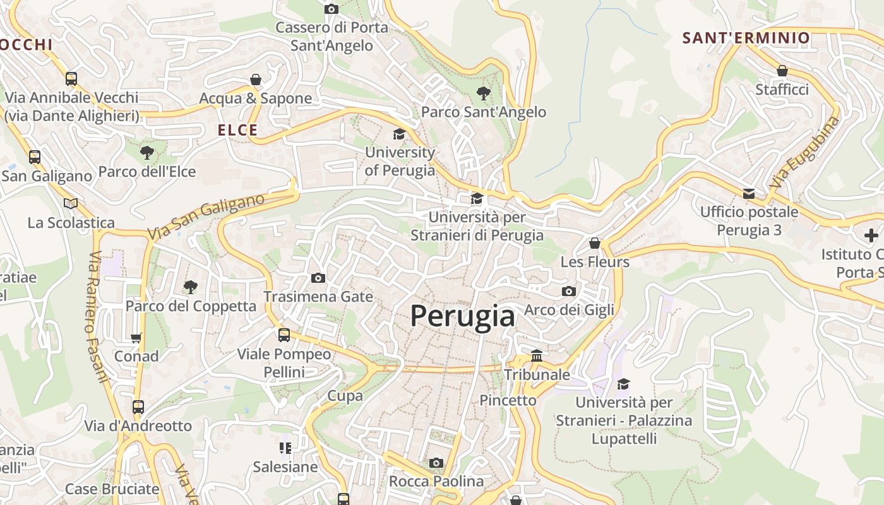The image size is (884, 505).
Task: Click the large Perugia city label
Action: click(x=462, y=316)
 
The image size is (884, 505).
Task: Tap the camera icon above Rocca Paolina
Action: click(x=436, y=463)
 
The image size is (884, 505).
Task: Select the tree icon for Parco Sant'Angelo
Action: click(x=484, y=94)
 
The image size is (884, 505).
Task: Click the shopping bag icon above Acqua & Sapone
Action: click(x=256, y=80)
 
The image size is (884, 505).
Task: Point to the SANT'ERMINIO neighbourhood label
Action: click(x=746, y=38)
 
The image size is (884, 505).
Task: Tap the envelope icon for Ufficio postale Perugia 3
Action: click(x=748, y=194)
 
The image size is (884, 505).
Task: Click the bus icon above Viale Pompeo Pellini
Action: click(x=284, y=335)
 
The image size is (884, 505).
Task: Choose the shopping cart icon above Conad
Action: click(x=136, y=338)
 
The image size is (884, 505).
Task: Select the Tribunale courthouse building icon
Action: click(x=537, y=356)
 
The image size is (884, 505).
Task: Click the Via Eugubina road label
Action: click(x=805, y=153)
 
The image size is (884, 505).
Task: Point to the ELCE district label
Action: click(x=237, y=131)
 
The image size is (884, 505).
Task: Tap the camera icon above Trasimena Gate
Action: click(x=318, y=278)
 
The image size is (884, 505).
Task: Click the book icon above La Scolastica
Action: click(x=71, y=204)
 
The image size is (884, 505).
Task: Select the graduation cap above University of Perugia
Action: click(x=399, y=134)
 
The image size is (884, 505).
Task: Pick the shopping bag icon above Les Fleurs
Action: click(x=594, y=243)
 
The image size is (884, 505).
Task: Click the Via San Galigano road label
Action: click(x=206, y=217)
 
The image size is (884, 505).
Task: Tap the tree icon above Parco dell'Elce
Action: click(x=146, y=153)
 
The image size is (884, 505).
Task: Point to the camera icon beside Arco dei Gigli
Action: click(x=569, y=292)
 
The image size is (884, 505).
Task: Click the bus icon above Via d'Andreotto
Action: click(x=138, y=407)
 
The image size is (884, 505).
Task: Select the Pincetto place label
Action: click(x=508, y=400)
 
